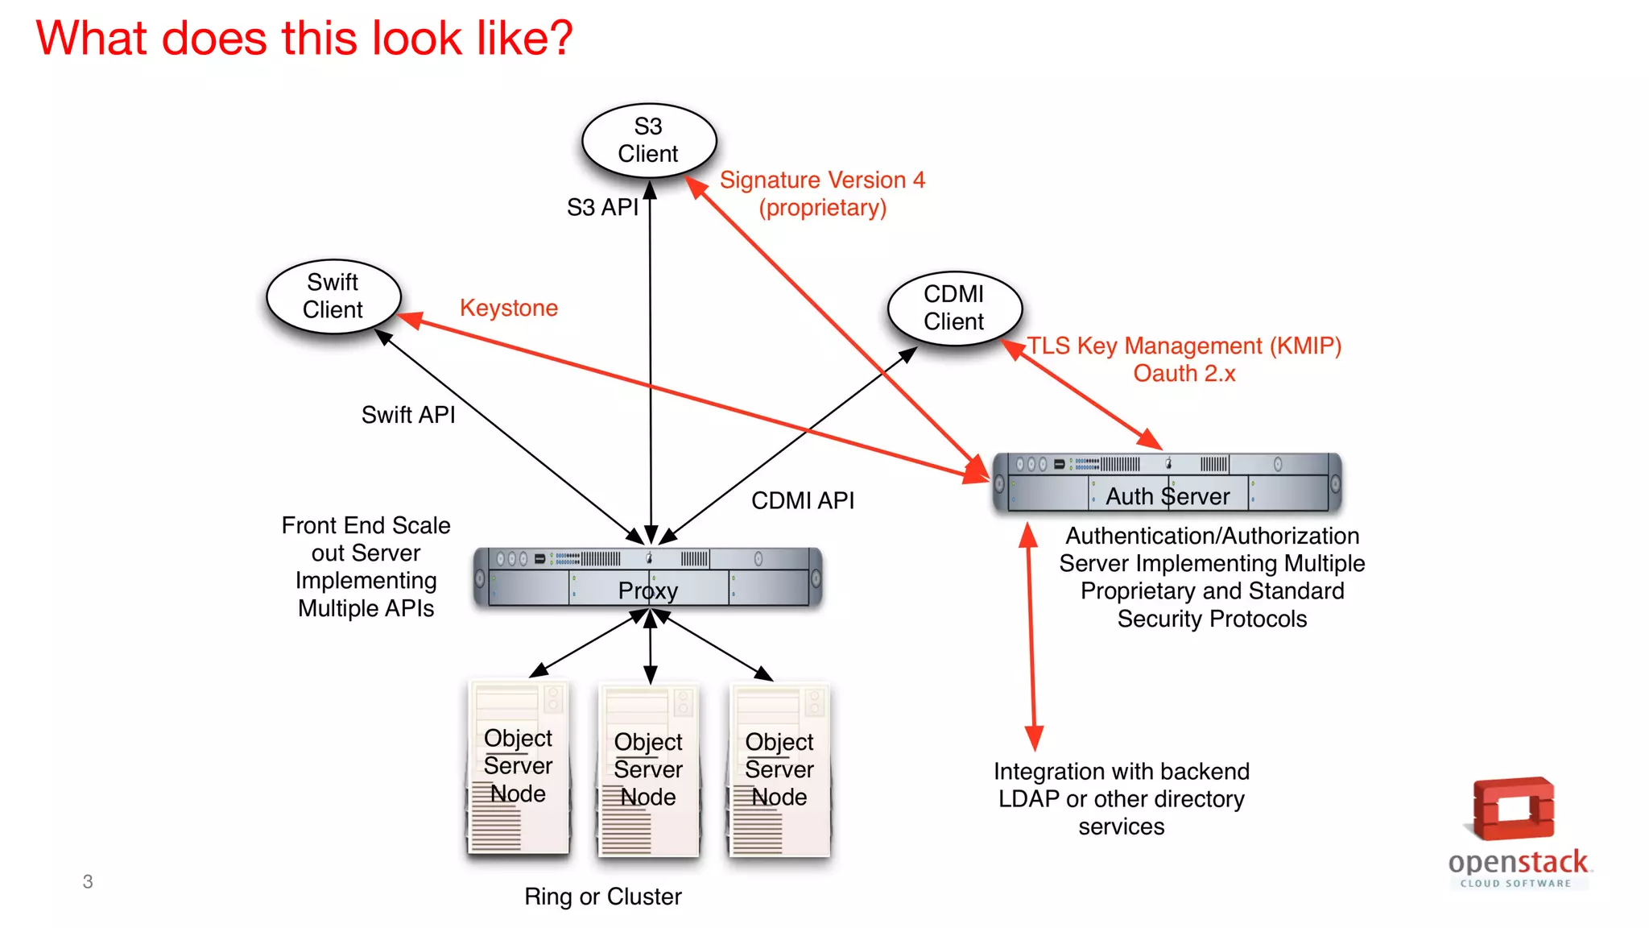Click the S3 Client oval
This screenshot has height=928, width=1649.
(x=649, y=140)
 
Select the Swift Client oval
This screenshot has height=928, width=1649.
(x=333, y=296)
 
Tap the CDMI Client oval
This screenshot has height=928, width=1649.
(x=954, y=308)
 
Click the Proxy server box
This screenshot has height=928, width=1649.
(x=648, y=578)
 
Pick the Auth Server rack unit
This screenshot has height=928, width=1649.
(x=1167, y=483)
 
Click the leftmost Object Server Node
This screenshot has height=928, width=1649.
(x=518, y=767)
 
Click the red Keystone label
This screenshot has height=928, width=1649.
(x=508, y=308)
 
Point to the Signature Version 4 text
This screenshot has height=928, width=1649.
(x=822, y=180)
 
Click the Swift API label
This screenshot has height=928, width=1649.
(x=408, y=415)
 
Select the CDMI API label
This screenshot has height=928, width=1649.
(x=803, y=500)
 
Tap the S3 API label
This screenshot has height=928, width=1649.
(x=602, y=207)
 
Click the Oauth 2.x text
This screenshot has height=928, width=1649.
(x=1184, y=373)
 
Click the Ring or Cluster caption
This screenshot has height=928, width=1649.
(x=602, y=897)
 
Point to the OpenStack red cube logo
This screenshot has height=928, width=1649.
(x=1514, y=809)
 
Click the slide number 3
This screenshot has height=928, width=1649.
(x=88, y=881)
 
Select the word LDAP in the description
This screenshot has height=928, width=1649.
(x=1028, y=799)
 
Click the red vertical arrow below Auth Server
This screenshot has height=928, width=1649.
(x=1031, y=636)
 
